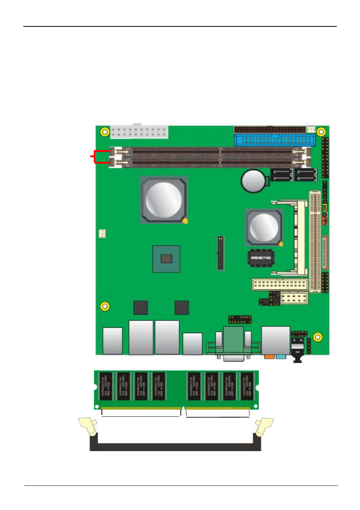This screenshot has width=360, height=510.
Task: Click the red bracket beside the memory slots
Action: coord(99,157)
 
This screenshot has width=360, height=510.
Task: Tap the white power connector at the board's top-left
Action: coord(139,132)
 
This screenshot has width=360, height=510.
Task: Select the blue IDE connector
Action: coord(275,140)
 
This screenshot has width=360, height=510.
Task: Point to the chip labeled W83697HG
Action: coord(261,258)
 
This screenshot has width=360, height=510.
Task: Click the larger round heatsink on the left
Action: coord(164,200)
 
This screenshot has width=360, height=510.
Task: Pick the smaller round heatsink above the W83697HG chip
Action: coord(264,227)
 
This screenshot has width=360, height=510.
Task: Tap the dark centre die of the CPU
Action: coord(166,259)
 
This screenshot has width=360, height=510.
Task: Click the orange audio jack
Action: coord(269,356)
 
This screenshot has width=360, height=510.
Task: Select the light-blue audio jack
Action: coord(280,356)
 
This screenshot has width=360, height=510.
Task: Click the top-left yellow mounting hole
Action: coord(105,132)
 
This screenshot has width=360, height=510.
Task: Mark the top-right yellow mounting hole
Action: coord(321,132)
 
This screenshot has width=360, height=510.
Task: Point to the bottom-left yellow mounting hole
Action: coord(105,306)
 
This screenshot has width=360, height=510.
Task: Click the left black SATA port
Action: coord(282,175)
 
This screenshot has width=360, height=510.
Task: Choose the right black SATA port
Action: coord(306,175)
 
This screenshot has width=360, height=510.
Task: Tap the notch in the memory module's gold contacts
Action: coord(183,408)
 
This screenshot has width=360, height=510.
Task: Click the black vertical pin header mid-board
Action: coord(220,253)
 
